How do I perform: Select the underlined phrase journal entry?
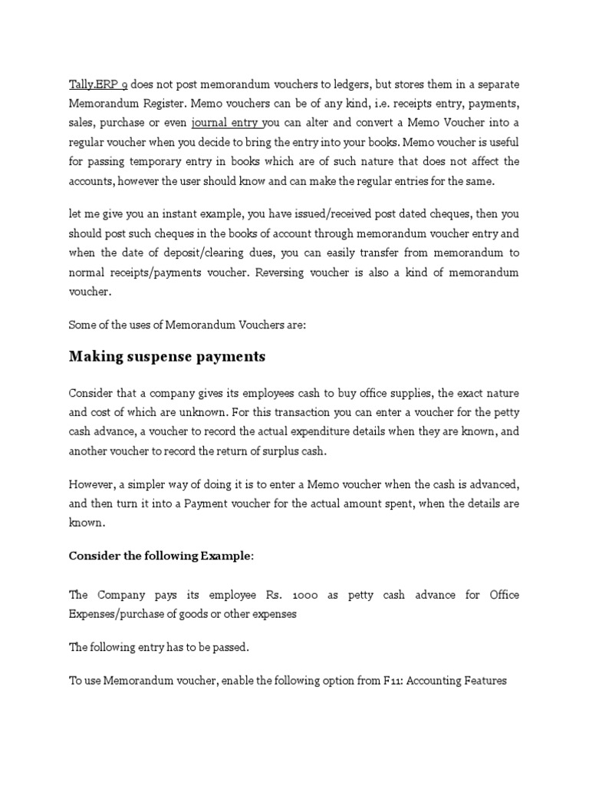point(226,122)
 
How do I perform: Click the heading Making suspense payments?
point(167,356)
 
